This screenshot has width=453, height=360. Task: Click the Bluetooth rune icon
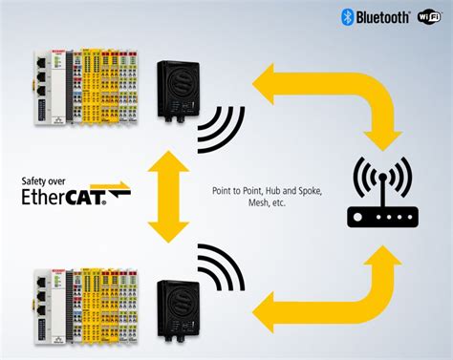pyautogui.click(x=348, y=16)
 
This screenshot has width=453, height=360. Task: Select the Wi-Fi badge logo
pyautogui.click(x=429, y=16)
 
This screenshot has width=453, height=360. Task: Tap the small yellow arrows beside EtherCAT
pyautogui.click(x=119, y=191)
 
